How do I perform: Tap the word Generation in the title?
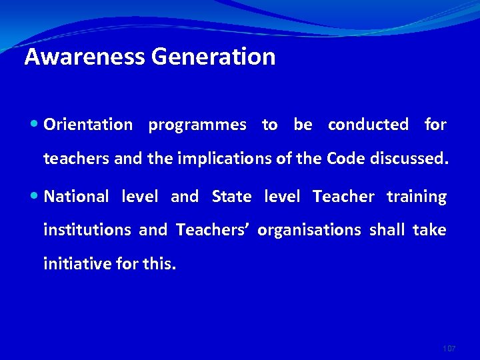point(213,57)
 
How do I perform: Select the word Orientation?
point(88,125)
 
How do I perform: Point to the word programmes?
point(197,125)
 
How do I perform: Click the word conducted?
point(368,125)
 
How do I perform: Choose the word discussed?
point(405,158)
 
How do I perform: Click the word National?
point(76,197)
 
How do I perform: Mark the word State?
point(231,197)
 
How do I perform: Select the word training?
point(417,197)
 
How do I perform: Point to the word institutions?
point(87,230)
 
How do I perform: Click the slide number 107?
point(449,349)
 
